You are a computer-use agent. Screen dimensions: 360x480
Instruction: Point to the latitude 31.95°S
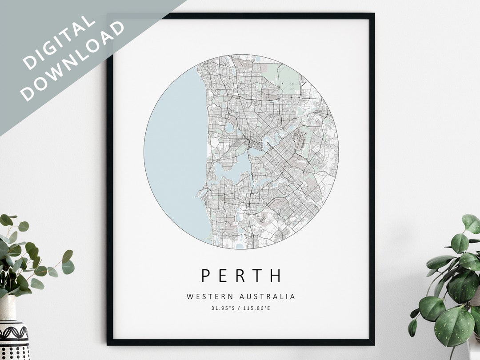[223, 308]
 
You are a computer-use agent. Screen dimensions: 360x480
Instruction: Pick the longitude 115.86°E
[257, 308]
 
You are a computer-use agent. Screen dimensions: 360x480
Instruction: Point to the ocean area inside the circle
[173, 147]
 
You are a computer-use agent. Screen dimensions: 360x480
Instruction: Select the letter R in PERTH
[240, 275]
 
